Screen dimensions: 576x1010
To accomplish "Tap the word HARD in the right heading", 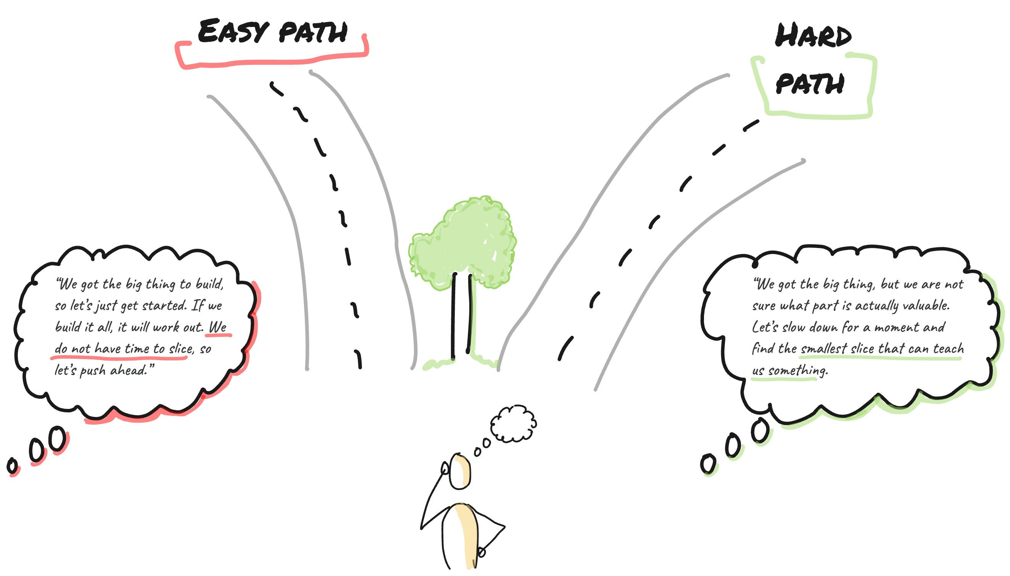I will [x=813, y=35].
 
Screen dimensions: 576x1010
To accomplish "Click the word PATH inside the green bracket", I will [x=809, y=84].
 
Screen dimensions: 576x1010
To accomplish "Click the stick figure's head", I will [x=461, y=472].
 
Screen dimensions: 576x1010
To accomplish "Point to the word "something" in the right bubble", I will [x=797, y=371].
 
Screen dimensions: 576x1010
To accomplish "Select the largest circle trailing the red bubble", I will [x=57, y=438].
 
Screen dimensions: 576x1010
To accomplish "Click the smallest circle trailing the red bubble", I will [x=12, y=466].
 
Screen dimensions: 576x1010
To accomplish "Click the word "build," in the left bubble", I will [x=210, y=284].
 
